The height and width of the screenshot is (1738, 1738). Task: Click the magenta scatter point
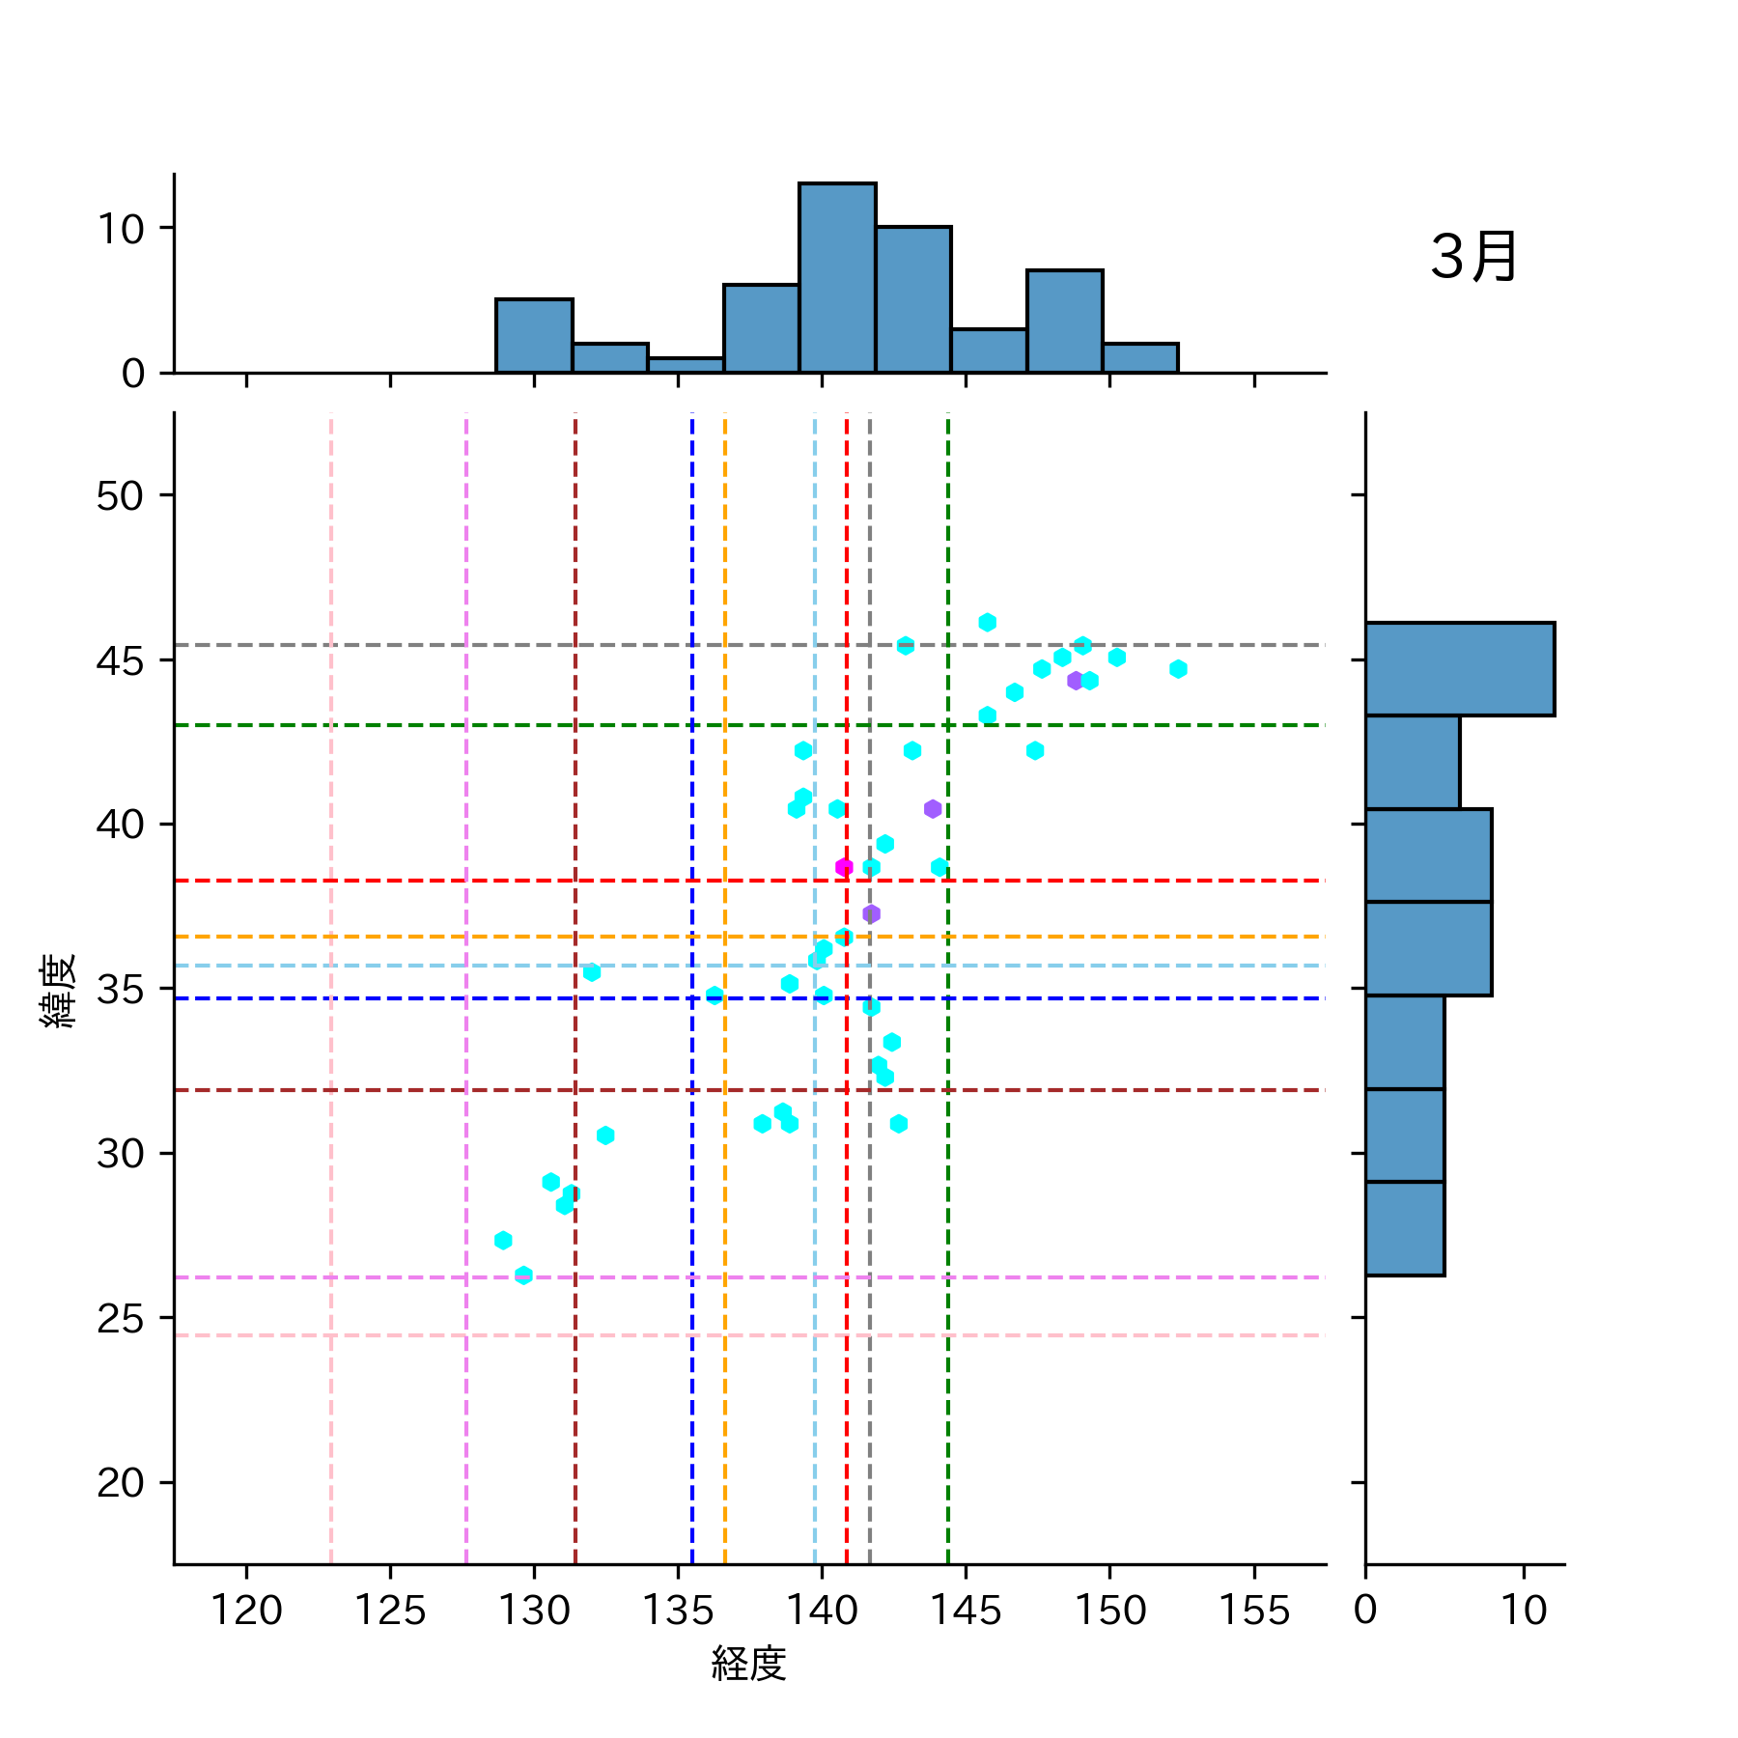click(844, 867)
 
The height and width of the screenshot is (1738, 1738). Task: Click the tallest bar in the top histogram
click(837, 278)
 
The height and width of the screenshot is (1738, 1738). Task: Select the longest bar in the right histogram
click(1459, 669)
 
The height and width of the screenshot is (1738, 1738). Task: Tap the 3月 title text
click(1473, 258)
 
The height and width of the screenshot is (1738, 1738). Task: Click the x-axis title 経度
click(749, 1664)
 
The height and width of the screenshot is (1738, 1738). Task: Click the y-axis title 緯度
click(58, 991)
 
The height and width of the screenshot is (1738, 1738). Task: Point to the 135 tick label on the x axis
click(678, 1611)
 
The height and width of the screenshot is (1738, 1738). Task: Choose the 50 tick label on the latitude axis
click(120, 496)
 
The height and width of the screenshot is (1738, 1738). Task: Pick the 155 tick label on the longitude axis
click(1253, 1611)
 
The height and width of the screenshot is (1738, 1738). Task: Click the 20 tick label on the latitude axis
click(120, 1483)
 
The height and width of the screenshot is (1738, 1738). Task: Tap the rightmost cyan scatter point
click(1178, 669)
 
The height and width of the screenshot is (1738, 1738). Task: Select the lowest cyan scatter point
click(523, 1275)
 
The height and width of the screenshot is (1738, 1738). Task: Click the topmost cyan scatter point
click(987, 623)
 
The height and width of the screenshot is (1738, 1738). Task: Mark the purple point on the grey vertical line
click(871, 913)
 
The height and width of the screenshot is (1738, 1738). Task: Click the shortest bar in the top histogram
click(686, 365)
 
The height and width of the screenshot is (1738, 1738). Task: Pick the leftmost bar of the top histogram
click(534, 336)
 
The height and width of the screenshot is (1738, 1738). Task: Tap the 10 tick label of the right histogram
click(1524, 1611)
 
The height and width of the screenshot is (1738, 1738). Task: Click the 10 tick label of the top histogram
click(120, 230)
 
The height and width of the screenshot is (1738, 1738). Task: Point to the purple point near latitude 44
click(1076, 681)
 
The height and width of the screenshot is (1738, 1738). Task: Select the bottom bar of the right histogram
click(1405, 1228)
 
